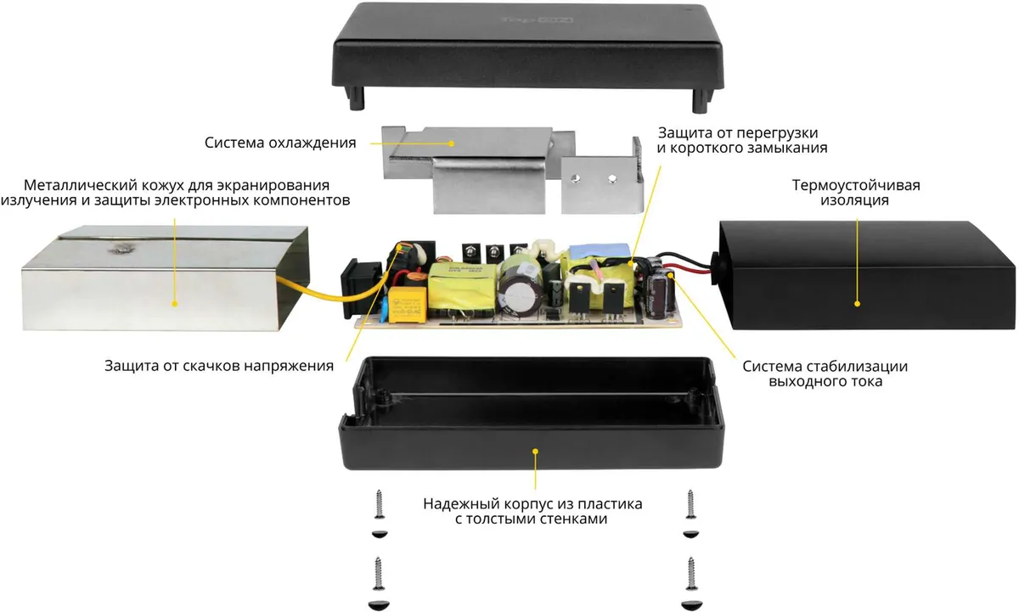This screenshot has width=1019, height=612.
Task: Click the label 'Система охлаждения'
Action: pyautogui.click(x=279, y=142)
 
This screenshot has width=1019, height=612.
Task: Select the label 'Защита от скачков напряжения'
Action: pyautogui.click(x=218, y=366)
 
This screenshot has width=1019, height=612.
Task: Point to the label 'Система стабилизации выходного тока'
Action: pyautogui.click(x=825, y=373)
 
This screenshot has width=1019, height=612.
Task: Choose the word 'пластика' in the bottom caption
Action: pyautogui.click(x=606, y=503)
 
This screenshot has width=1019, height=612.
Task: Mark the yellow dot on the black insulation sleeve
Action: pyautogui.click(x=856, y=301)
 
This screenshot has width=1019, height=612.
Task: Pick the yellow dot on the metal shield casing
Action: pyautogui.click(x=175, y=302)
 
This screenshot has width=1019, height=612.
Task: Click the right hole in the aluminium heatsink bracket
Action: pyautogui.click(x=611, y=179)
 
